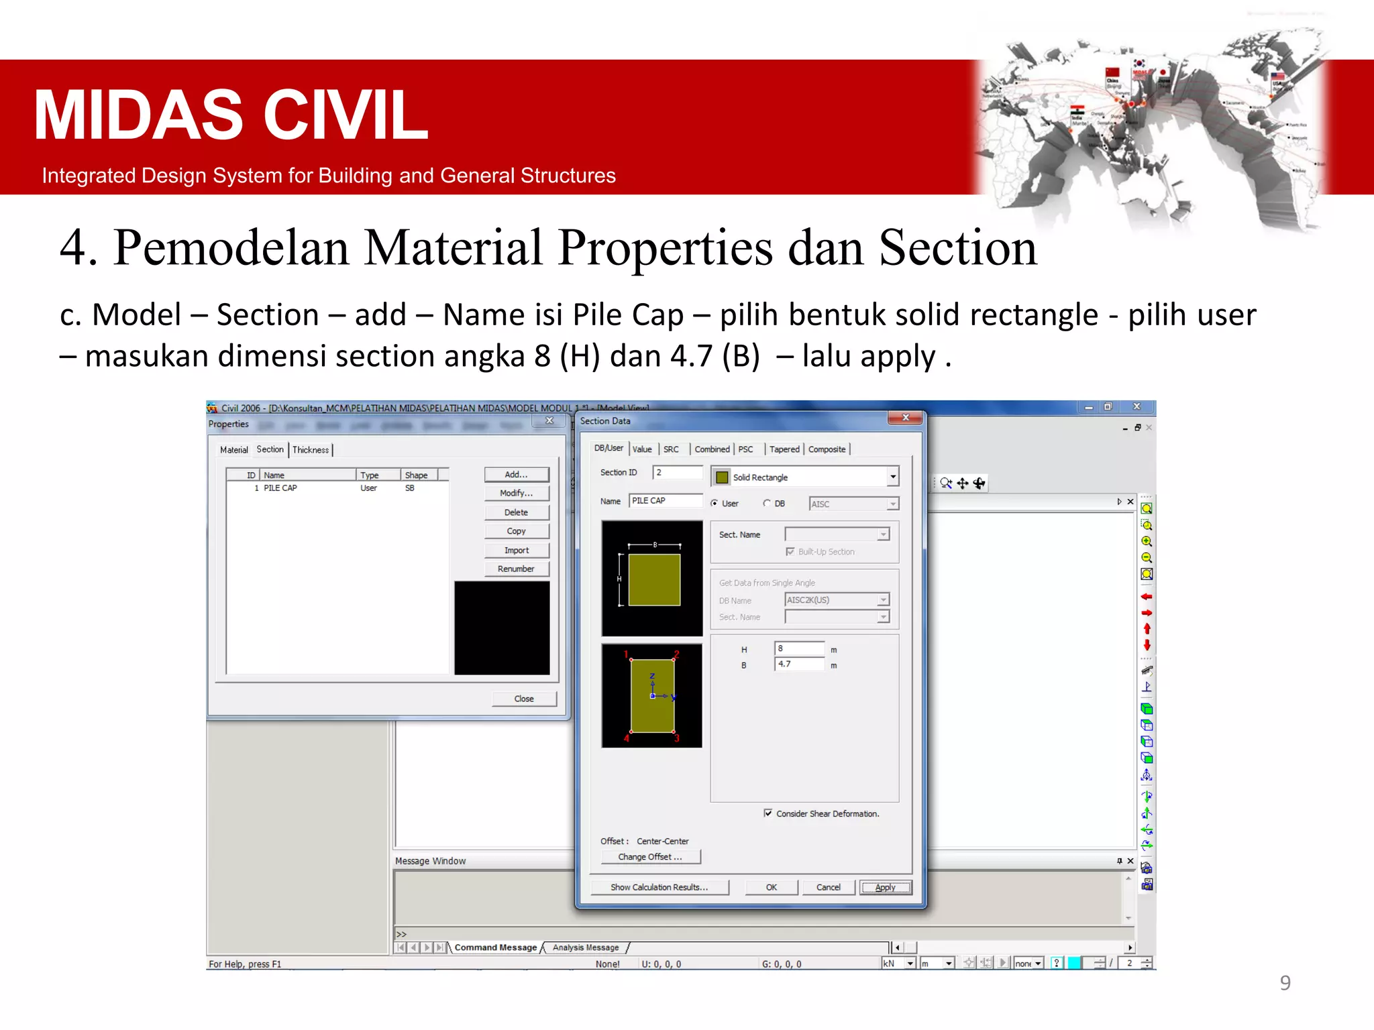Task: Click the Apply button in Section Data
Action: pyautogui.click(x=885, y=887)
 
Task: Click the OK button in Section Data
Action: pyautogui.click(x=772, y=887)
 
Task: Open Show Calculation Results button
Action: pyautogui.click(x=659, y=887)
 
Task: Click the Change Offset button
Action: pyautogui.click(x=650, y=857)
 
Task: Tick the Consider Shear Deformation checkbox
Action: pyautogui.click(x=768, y=813)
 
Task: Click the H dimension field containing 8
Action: pyautogui.click(x=799, y=648)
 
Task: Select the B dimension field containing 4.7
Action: pyautogui.click(x=799, y=665)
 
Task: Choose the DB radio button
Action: pyautogui.click(x=767, y=504)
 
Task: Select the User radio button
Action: pyautogui.click(x=715, y=504)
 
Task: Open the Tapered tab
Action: pyautogui.click(x=784, y=449)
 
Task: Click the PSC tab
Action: pyautogui.click(x=745, y=449)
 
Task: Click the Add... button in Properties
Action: pyautogui.click(x=517, y=475)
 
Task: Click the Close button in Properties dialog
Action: pyautogui.click(x=524, y=699)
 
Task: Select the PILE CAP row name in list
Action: pyautogui.click(x=280, y=488)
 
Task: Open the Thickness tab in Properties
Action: pyautogui.click(x=311, y=450)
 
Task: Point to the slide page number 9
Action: pyautogui.click(x=1285, y=983)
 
